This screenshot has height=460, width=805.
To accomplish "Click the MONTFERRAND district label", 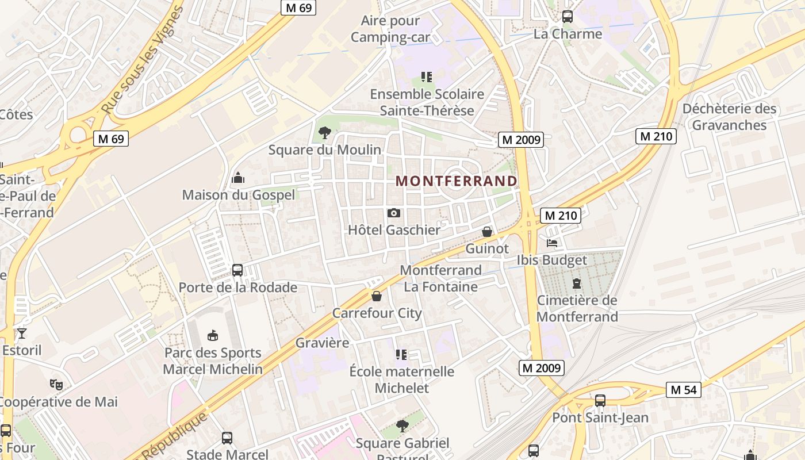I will pyautogui.click(x=457, y=181).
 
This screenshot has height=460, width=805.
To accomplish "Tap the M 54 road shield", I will pyautogui.click(x=684, y=390).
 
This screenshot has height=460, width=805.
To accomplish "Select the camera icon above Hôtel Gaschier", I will pyautogui.click(x=394, y=213).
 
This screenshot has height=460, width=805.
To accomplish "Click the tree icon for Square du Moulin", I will pyautogui.click(x=325, y=133).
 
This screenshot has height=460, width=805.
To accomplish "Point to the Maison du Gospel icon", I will pyautogui.click(x=238, y=178).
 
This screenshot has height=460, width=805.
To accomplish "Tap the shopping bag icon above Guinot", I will pyautogui.click(x=487, y=232).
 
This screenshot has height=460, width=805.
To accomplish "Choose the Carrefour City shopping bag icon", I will pyautogui.click(x=377, y=296).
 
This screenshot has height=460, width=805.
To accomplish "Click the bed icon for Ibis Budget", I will pyautogui.click(x=552, y=243).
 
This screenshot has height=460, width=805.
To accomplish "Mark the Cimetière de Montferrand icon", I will pyautogui.click(x=577, y=283).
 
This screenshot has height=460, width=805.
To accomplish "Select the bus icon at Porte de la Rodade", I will pyautogui.click(x=237, y=270).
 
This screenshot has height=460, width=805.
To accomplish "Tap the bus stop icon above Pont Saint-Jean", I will pyautogui.click(x=600, y=401).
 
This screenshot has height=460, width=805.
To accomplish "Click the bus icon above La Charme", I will pyautogui.click(x=568, y=17).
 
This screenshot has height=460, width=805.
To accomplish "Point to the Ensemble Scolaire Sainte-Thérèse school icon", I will pyautogui.click(x=426, y=76).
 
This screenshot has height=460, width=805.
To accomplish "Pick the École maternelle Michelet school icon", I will pyautogui.click(x=401, y=355).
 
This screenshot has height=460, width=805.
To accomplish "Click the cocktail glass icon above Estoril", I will pyautogui.click(x=22, y=333).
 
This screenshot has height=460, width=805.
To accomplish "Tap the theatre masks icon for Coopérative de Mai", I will pyautogui.click(x=56, y=384).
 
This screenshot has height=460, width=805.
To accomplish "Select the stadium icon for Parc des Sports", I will pyautogui.click(x=213, y=335).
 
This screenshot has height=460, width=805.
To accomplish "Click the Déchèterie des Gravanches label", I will pyautogui.click(x=729, y=117).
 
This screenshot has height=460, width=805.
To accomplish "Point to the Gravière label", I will pyautogui.click(x=322, y=343).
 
